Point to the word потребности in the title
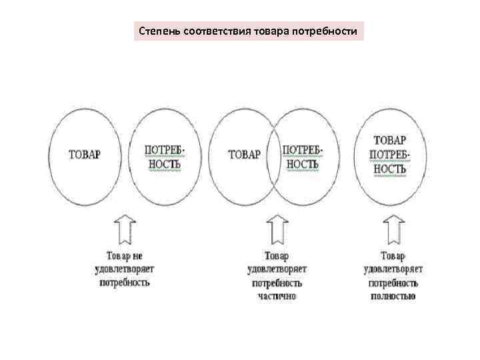coord(324,31)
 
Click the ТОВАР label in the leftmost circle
coord(85,154)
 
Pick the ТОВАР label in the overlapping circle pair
coord(245,154)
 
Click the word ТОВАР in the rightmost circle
coord(390,141)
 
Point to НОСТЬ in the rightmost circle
coord(390,169)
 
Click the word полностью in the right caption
coord(393,295)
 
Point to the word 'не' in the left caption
coord(137,255)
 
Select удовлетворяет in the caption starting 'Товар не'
coord(125,269)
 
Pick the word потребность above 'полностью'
coord(393,282)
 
